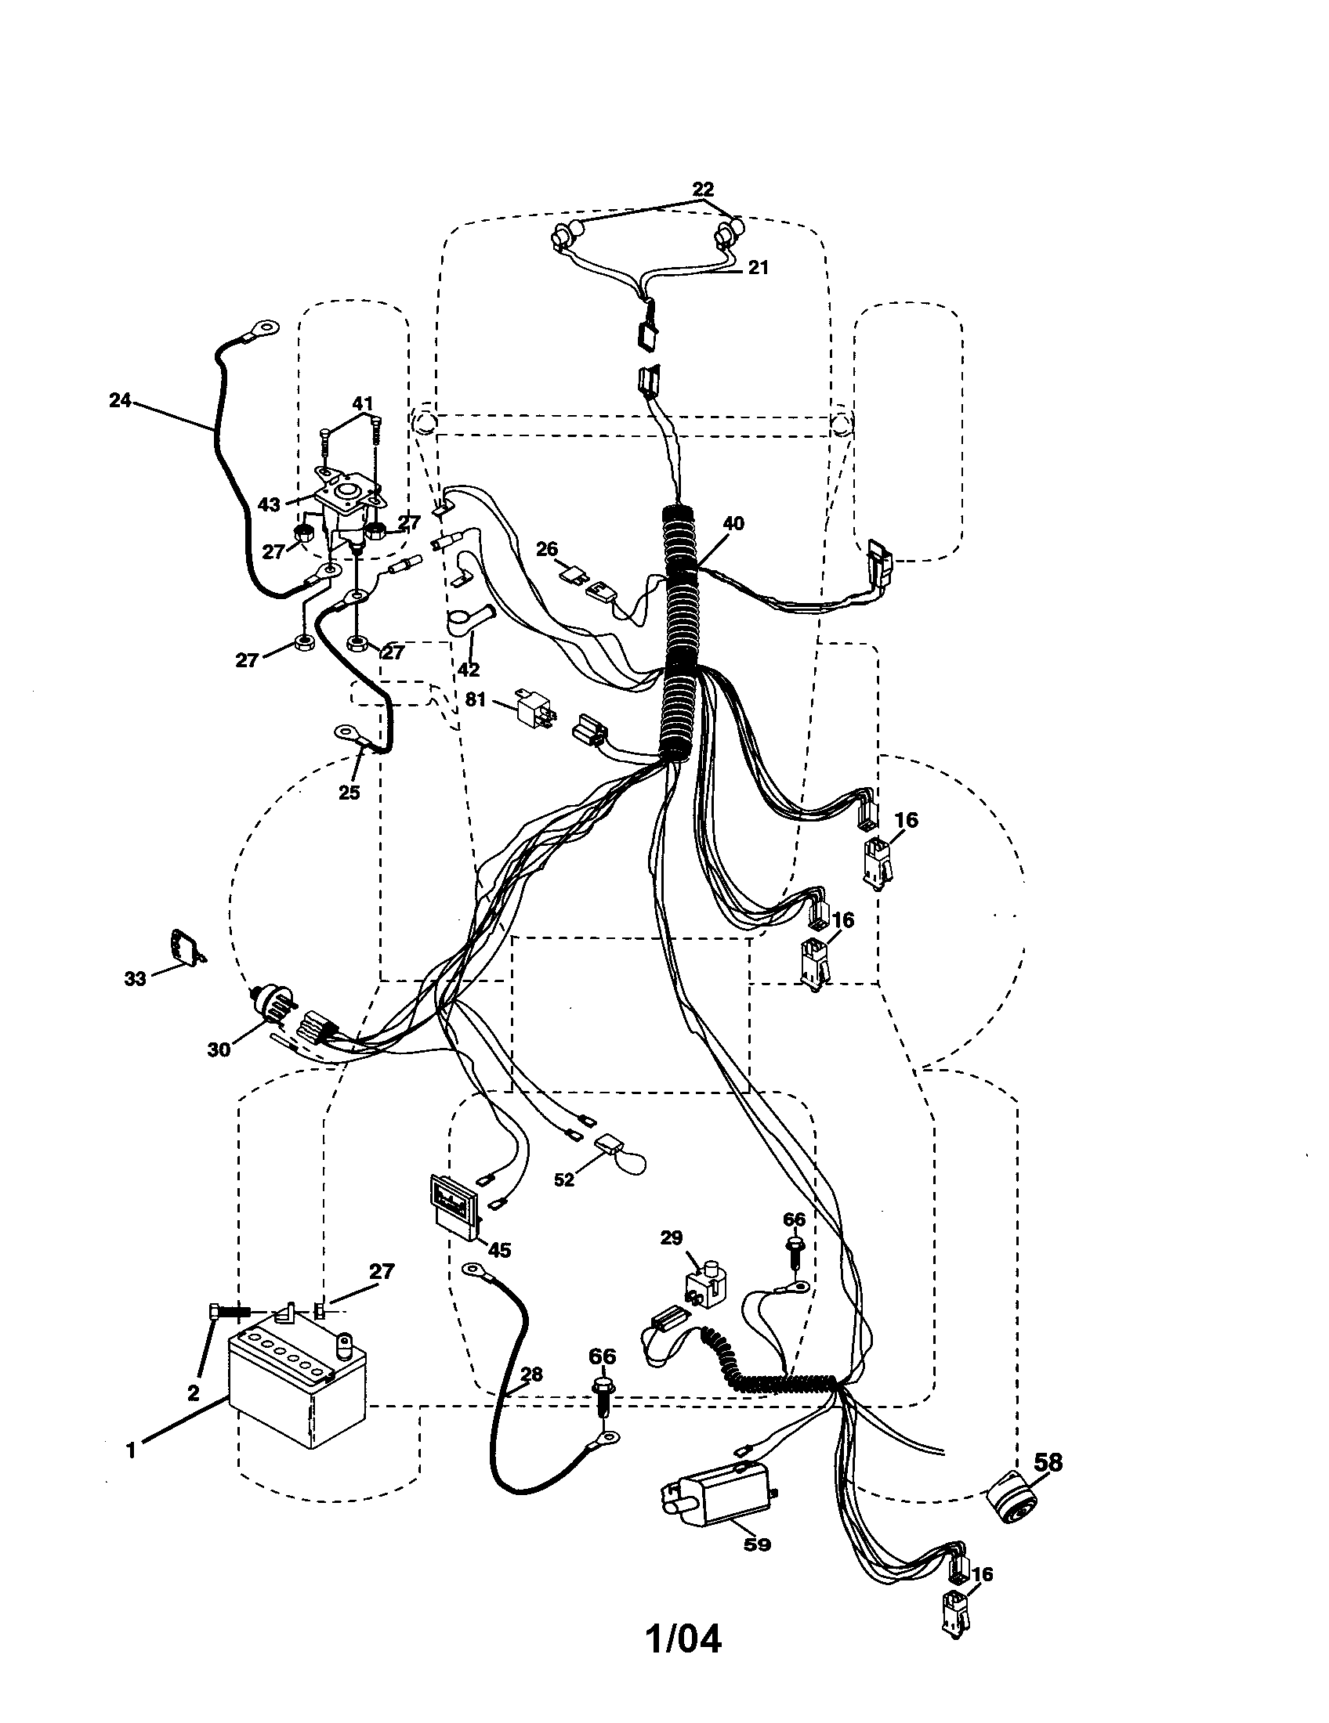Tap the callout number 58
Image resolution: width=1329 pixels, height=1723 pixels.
coord(1047,1462)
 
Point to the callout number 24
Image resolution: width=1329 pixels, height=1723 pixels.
coord(120,400)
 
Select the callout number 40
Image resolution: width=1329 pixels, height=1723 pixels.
coord(733,522)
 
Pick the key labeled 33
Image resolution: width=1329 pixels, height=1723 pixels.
coord(184,946)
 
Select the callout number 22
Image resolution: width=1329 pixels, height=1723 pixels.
coord(702,190)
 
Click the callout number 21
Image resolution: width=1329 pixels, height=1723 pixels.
coord(759,267)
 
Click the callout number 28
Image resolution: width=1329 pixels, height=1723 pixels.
coord(533,1374)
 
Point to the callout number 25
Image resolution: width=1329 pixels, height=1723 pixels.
coord(349,793)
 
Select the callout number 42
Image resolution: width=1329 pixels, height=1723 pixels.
coord(469,670)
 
